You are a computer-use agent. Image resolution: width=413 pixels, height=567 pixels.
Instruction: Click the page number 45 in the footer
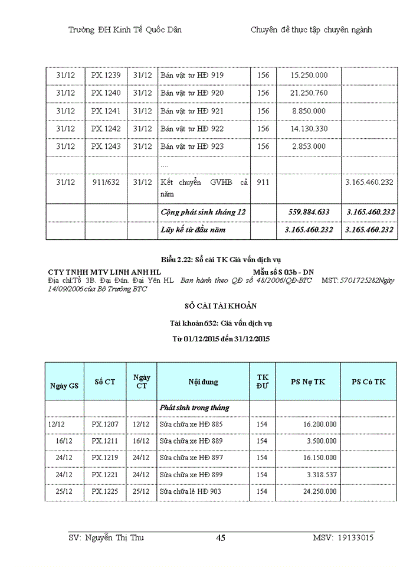click(221, 537)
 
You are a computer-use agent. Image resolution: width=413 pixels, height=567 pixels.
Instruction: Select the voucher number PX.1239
click(106, 76)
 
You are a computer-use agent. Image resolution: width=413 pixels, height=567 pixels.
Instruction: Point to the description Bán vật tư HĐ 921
click(192, 111)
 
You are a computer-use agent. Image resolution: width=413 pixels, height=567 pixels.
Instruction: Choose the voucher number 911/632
click(106, 183)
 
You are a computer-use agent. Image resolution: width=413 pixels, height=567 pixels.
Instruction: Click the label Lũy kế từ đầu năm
click(193, 229)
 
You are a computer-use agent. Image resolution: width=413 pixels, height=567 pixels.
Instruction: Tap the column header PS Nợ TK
click(308, 382)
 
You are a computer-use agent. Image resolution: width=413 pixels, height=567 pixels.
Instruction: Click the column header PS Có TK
click(368, 382)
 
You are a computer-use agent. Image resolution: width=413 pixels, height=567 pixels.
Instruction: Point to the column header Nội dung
click(203, 382)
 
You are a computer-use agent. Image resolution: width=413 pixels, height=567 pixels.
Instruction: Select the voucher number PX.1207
click(105, 424)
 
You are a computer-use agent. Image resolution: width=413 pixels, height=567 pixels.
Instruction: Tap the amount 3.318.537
click(322, 474)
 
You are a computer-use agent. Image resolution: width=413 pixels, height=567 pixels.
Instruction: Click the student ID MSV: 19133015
click(343, 537)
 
